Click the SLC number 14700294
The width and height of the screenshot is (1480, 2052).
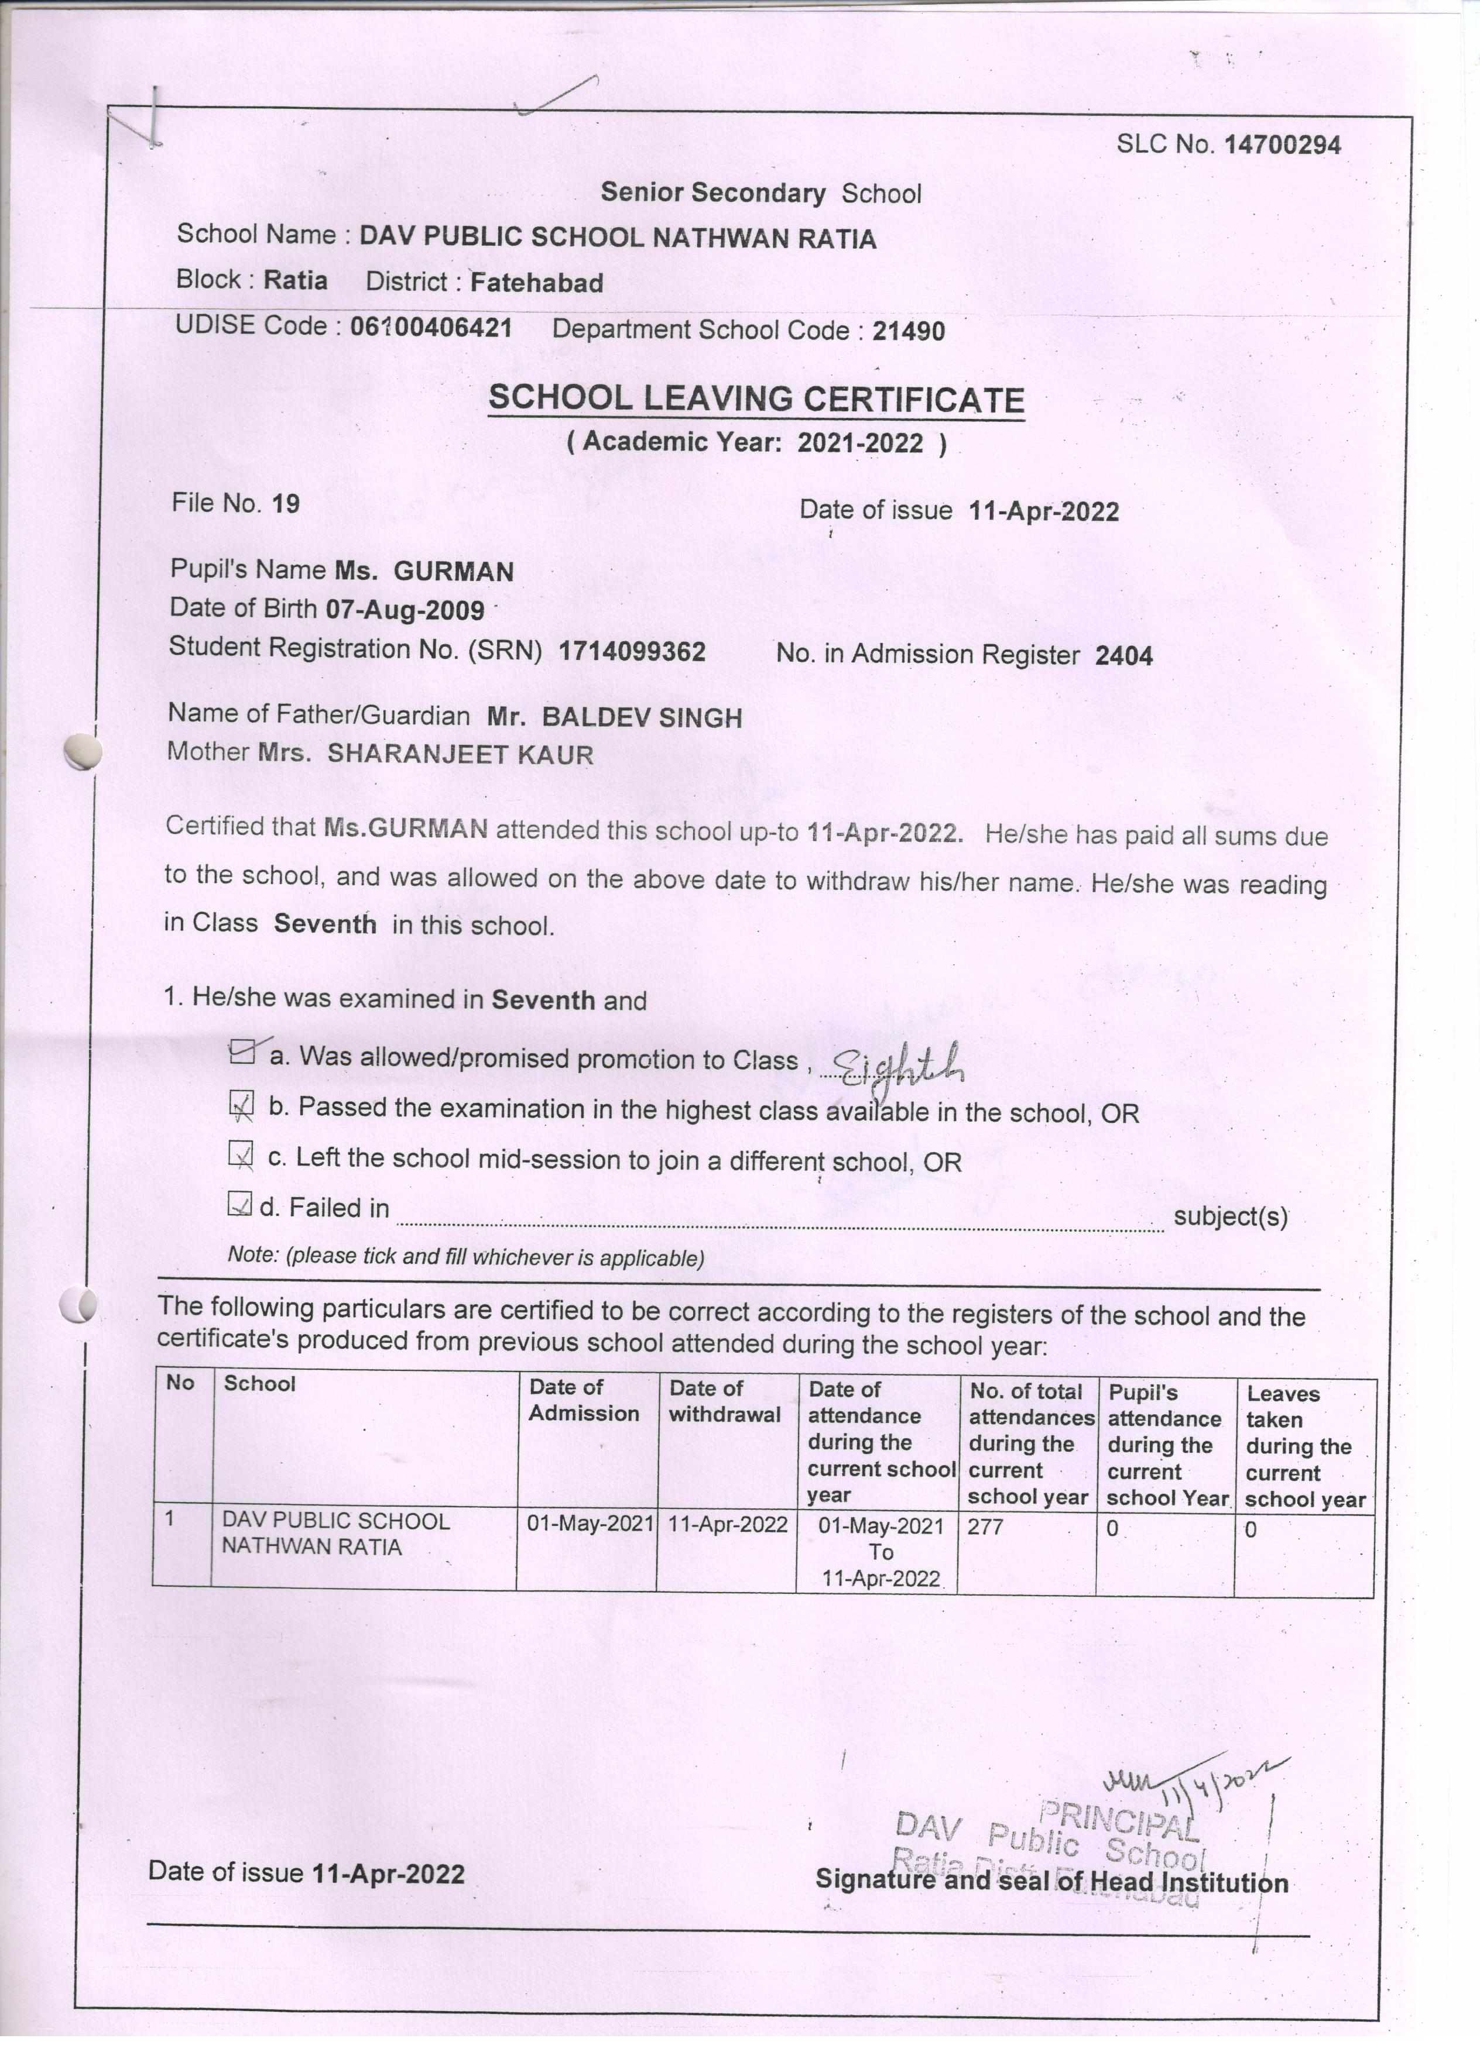coord(1282,145)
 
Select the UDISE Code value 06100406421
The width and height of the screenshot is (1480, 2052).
coord(431,326)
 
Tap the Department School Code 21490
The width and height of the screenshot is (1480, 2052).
coord(908,331)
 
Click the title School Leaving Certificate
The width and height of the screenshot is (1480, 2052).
coord(756,399)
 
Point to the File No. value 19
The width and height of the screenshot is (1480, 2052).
coord(286,503)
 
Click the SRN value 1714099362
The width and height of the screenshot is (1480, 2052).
coord(632,651)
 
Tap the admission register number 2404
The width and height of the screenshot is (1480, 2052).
coord(1123,656)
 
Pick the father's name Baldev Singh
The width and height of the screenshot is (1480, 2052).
coord(642,719)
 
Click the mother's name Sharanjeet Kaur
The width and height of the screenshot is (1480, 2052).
coord(460,755)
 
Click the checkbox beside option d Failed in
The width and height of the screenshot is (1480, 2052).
coord(239,1204)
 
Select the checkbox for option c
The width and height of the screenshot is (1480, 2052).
coord(240,1154)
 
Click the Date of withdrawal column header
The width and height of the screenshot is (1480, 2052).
coord(724,1401)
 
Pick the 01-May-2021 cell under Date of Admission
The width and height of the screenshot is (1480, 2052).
coord(590,1525)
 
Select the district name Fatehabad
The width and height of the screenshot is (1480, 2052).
coord(537,283)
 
